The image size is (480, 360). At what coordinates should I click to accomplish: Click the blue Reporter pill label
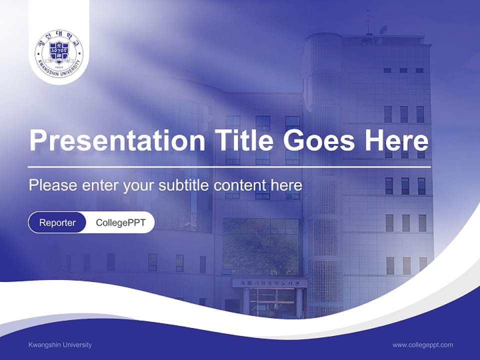coord(57,222)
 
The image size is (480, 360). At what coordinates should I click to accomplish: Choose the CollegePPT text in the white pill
coord(120,222)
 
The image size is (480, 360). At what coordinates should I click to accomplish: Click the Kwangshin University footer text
coord(60,345)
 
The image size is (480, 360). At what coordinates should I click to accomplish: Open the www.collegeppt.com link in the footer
coord(422,345)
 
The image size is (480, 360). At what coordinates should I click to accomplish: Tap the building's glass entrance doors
coord(272,302)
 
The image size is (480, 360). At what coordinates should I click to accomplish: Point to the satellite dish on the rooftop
coord(383,30)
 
